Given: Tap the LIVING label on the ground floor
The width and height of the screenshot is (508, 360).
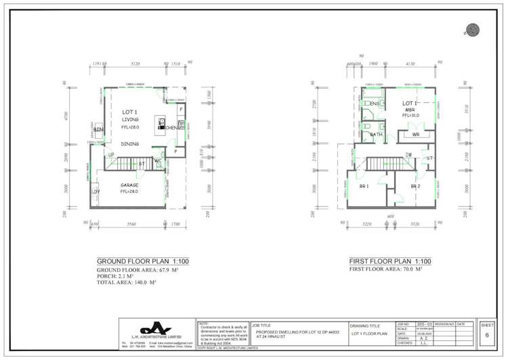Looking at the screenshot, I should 130,119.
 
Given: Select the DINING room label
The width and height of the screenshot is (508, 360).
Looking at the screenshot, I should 130,144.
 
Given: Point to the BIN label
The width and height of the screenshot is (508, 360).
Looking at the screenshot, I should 98,129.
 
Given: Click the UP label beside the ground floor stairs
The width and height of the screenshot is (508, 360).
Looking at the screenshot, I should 110,155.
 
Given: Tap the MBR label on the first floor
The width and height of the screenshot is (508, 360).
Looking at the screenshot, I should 410,110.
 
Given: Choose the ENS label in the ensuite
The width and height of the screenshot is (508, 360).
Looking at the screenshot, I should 374,104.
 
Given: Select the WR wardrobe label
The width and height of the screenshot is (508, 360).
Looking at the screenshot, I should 416,135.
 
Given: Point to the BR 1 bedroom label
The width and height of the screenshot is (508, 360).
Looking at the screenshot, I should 363,186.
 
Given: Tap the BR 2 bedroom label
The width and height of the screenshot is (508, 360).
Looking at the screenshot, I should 415,186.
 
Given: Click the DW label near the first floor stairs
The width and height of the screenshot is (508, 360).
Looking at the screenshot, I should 409,155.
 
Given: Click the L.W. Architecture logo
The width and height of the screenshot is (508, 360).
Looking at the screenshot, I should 156,329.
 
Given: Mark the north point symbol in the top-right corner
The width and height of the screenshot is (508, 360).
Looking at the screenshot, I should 472,29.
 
